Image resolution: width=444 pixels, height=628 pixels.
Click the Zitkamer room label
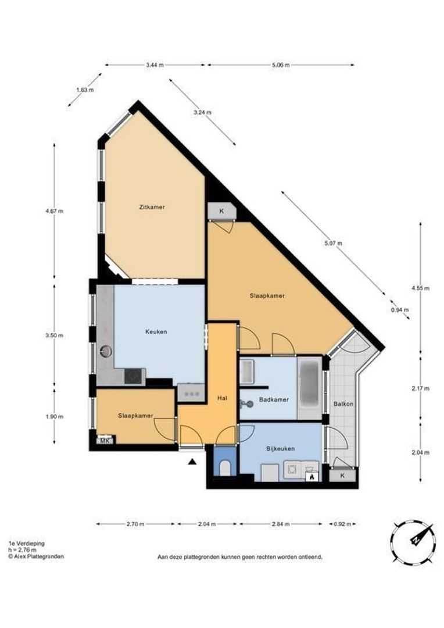152,207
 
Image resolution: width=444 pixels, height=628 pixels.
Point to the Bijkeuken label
281,448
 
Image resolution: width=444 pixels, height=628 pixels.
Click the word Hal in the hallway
221,398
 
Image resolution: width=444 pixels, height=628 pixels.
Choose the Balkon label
343,404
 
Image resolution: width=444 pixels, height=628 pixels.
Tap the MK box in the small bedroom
105,441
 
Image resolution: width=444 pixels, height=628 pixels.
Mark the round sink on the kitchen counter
106,351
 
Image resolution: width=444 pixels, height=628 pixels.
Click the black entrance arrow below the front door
192,462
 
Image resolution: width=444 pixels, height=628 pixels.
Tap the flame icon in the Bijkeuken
312,477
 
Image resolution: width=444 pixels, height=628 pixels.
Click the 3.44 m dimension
155,65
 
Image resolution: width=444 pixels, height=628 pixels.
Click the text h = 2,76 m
22,549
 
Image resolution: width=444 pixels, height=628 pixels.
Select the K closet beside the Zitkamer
221,211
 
